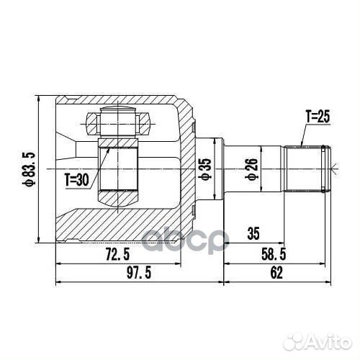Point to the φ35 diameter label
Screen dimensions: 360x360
coord(206,170)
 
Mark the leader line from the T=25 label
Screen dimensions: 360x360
coord(300,133)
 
